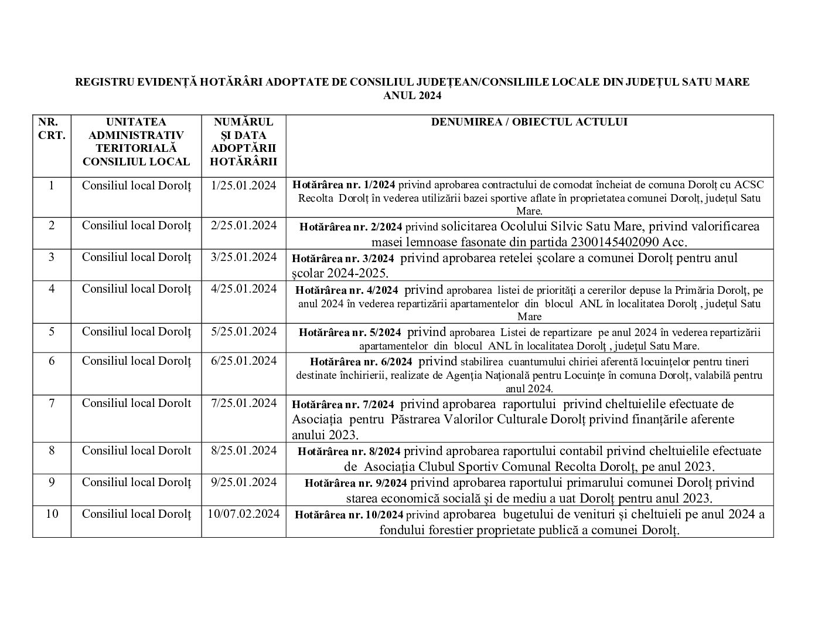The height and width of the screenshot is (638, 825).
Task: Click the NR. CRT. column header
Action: [52, 128]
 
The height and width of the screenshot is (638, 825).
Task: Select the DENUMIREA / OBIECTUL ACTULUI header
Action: [529, 122]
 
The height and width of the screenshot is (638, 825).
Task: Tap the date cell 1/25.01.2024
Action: [244, 186]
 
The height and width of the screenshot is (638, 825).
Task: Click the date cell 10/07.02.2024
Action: [244, 514]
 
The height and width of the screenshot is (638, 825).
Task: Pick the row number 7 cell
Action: [52, 403]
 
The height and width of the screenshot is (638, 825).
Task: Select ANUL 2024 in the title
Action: [412, 96]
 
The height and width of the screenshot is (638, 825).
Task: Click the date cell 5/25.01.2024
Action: [244, 332]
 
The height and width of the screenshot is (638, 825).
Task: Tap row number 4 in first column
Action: [52, 289]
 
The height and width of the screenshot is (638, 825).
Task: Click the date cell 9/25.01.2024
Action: [244, 483]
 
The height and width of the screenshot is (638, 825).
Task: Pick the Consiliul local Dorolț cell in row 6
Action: [137, 361]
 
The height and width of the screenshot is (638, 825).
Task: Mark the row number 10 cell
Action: [52, 514]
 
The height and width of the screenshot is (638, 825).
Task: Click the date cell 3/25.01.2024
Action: [244, 257]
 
